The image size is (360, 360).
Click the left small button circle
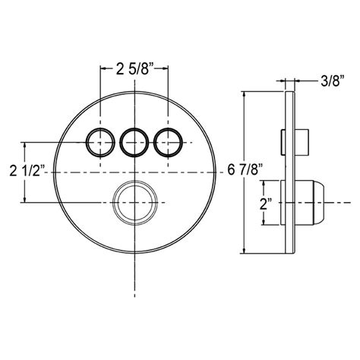point(99,141)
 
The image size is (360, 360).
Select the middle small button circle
point(134,141)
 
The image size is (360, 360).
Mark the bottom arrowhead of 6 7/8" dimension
point(244,251)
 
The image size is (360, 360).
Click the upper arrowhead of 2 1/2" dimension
point(27,144)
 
